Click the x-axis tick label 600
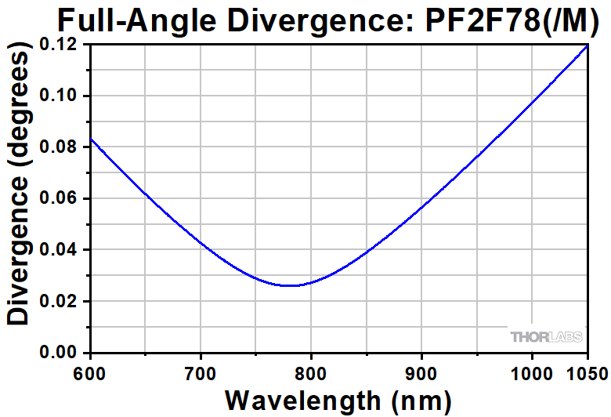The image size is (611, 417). point(91,371)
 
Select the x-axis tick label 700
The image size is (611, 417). point(201,371)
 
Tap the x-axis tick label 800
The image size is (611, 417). point(312,371)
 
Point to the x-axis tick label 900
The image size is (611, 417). point(422,371)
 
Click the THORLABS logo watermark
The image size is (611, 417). point(546,337)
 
